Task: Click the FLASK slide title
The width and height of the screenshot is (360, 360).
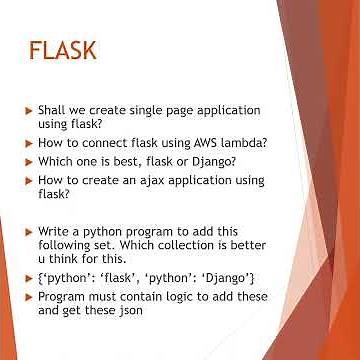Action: click(62, 51)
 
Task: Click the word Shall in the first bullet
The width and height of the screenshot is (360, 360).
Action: click(53, 109)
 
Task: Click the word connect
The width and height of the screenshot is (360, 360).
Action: click(104, 143)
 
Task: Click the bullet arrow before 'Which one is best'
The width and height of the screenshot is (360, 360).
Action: click(28, 162)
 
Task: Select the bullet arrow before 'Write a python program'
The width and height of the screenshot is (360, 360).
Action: click(28, 232)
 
